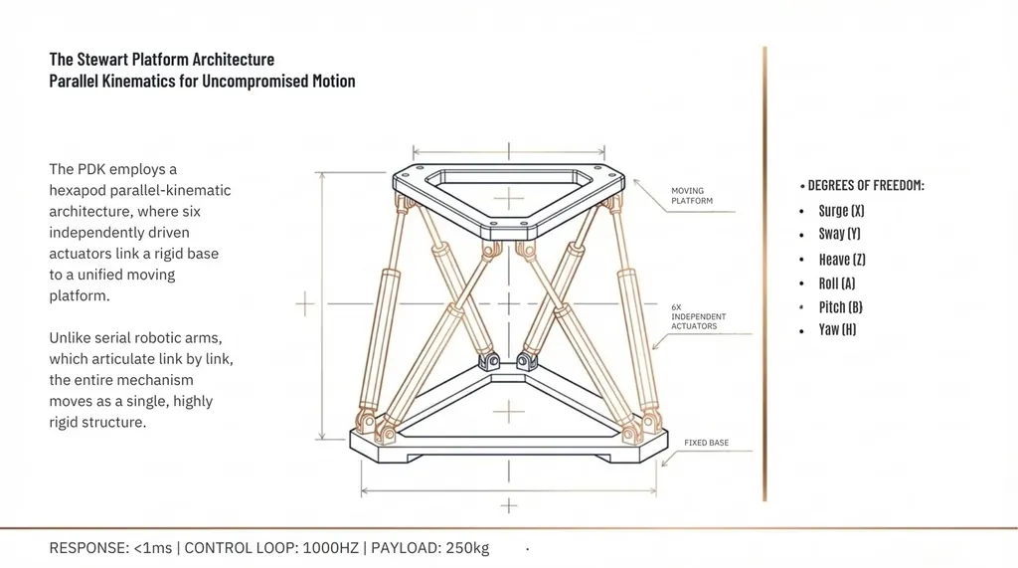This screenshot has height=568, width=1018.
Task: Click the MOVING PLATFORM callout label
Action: [692, 196]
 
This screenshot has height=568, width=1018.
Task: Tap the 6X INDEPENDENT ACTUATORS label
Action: [699, 316]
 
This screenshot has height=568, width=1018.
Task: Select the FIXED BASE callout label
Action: [707, 443]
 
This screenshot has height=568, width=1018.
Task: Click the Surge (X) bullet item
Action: [841, 211]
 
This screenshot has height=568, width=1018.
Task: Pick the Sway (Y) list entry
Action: [839, 234]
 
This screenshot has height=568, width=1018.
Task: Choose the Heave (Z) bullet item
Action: [842, 260]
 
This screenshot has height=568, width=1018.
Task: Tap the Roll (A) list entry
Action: [837, 284]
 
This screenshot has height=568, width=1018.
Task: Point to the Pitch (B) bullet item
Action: [841, 306]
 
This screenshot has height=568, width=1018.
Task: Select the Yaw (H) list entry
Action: [837, 329]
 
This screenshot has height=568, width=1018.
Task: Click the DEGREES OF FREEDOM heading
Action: [866, 185]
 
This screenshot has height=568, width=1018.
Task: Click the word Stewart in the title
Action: [102, 59]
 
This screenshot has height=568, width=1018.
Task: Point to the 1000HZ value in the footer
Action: [330, 548]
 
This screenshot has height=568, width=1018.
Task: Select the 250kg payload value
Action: [467, 548]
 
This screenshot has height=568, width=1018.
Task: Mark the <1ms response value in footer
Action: [152, 548]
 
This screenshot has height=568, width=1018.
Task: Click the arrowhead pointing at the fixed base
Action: [665, 463]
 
